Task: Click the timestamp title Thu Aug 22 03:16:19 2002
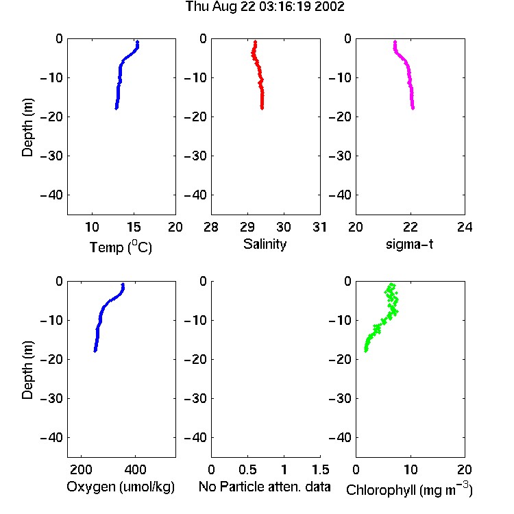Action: point(265,7)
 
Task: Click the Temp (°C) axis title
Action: point(121,247)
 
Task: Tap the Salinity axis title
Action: point(265,244)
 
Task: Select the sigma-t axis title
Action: point(409,244)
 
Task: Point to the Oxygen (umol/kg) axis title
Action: point(121,487)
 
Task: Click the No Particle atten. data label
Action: point(265,487)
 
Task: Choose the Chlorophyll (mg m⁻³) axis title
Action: point(409,489)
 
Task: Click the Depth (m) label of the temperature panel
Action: point(27,127)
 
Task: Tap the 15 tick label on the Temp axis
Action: point(134,227)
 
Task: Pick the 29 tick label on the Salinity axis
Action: point(247,227)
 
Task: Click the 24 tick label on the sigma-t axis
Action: point(465,227)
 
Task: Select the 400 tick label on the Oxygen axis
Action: point(135,469)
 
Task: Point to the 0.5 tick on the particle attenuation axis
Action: point(247,469)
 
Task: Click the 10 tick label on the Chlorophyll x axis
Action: point(410,469)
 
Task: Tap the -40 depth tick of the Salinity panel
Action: point(196,195)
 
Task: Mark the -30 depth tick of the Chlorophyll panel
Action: point(340,398)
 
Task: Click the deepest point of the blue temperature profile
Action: point(116,108)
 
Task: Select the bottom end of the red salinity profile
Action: point(262,108)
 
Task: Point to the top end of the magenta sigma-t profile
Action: point(395,42)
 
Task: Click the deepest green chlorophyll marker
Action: point(366,350)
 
